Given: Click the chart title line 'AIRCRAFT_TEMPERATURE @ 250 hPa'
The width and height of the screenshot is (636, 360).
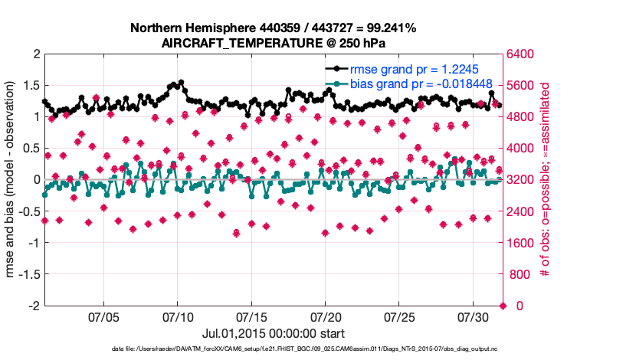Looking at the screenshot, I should pyautogui.click(x=274, y=42).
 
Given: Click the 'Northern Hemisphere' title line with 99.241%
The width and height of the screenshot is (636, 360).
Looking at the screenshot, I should pyautogui.click(x=274, y=28).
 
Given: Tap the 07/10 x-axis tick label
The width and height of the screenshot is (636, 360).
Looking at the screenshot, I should pyautogui.click(x=178, y=316).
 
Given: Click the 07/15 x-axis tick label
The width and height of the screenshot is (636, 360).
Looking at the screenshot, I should pyautogui.click(x=251, y=316).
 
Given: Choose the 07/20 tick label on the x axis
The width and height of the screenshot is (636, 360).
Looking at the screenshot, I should pyautogui.click(x=325, y=316).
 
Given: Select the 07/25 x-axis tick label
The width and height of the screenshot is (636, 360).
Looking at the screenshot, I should pyautogui.click(x=399, y=316).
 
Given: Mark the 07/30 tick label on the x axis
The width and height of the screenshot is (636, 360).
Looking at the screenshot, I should pyautogui.click(x=473, y=316).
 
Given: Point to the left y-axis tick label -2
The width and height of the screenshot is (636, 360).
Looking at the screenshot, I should pyautogui.click(x=32, y=306).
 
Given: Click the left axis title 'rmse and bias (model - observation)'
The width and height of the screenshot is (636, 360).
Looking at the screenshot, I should pyautogui.click(x=13, y=180).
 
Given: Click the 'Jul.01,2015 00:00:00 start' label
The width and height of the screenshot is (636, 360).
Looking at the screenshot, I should pyautogui.click(x=274, y=333).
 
